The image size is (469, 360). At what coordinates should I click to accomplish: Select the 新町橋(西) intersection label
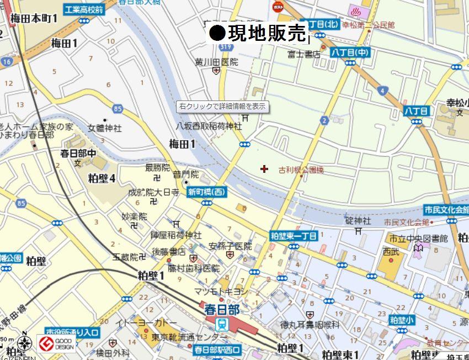click(207, 192)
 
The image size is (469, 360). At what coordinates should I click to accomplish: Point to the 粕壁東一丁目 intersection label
click(294, 236)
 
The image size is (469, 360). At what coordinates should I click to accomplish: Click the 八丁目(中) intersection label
click(350, 52)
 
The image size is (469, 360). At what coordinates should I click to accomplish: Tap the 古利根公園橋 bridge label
click(301, 170)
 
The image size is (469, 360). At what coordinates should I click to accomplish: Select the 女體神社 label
click(105, 128)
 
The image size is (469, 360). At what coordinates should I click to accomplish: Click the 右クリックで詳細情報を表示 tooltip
click(223, 106)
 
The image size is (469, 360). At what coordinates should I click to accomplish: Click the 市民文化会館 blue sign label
click(446, 210)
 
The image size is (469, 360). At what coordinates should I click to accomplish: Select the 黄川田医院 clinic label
click(216, 62)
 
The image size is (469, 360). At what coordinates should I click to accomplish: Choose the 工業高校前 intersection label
click(83, 10)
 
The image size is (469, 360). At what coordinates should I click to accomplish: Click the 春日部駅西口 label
click(217, 350)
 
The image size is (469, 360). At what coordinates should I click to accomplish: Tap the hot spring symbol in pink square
click(354, 10)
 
